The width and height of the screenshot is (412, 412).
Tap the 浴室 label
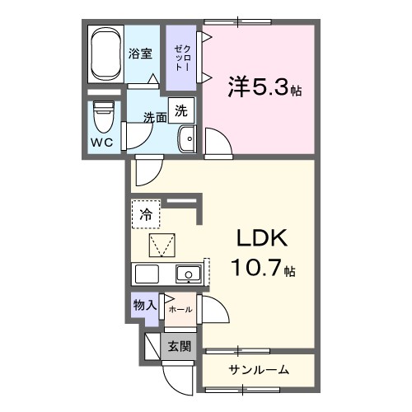click(x=140, y=55)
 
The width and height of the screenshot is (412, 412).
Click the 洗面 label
click(x=155, y=117)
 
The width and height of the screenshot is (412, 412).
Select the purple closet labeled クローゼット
click(x=180, y=58)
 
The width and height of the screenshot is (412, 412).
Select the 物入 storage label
click(x=144, y=305)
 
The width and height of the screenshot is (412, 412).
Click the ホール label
click(x=180, y=309)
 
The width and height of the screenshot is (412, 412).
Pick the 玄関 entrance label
click(x=179, y=346)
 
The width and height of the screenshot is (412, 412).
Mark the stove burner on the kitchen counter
click(x=147, y=274)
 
